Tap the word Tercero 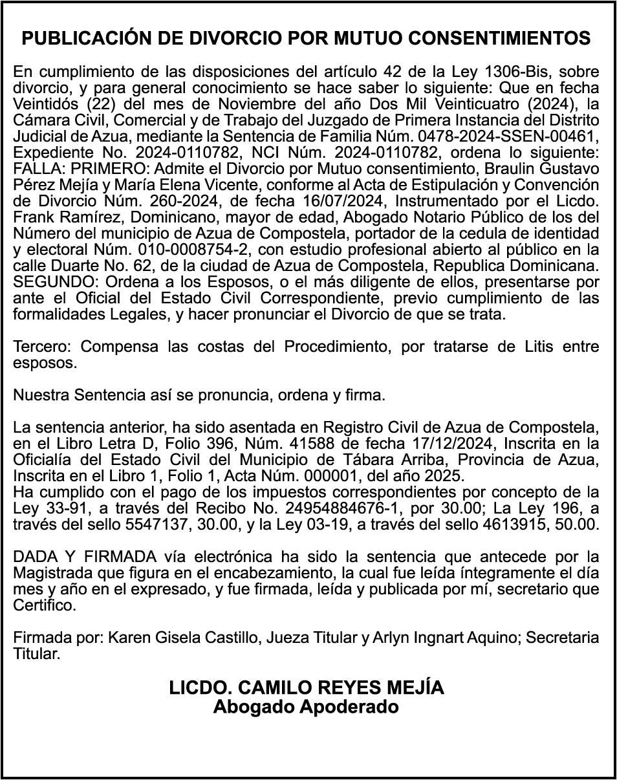(43, 347)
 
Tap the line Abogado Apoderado (306, 707)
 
